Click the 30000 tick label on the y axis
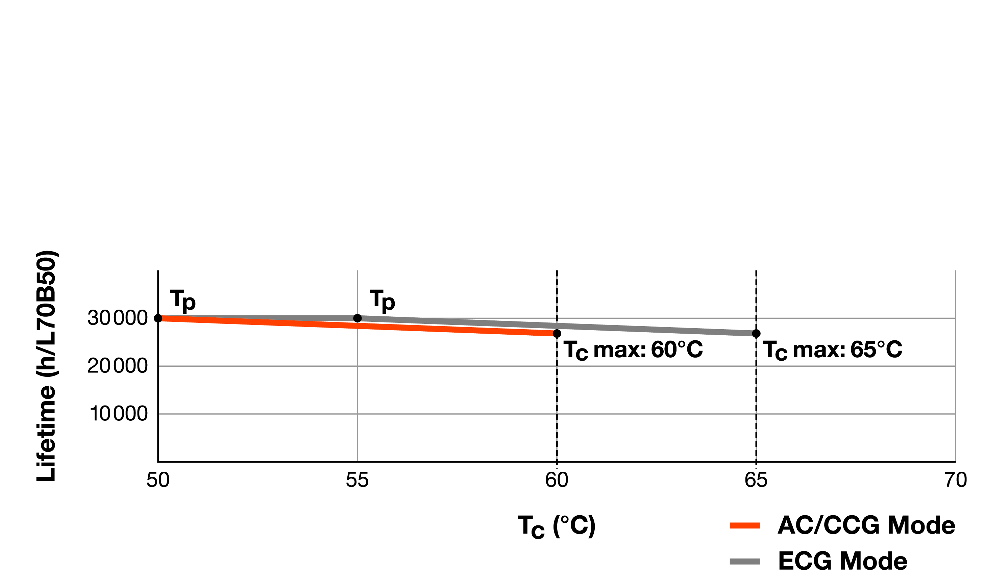pos(117,318)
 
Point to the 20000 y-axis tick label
pos(117,366)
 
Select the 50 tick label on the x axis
pos(158,480)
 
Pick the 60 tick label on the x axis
pos(556,480)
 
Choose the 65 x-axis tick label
pos(756,480)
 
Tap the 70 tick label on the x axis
pos(955,480)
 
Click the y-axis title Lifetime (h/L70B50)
pos(46,365)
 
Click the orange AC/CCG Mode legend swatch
pos(745,525)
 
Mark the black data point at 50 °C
pos(158,318)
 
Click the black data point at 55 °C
pos(358,318)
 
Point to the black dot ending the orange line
pos(557,334)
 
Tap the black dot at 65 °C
pos(756,334)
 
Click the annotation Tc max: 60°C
pos(633,349)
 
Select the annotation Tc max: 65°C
pos(832,349)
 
